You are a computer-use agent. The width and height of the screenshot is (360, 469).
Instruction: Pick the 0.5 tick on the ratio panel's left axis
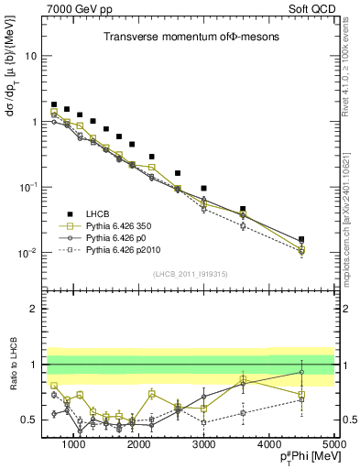(x=33, y=420)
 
